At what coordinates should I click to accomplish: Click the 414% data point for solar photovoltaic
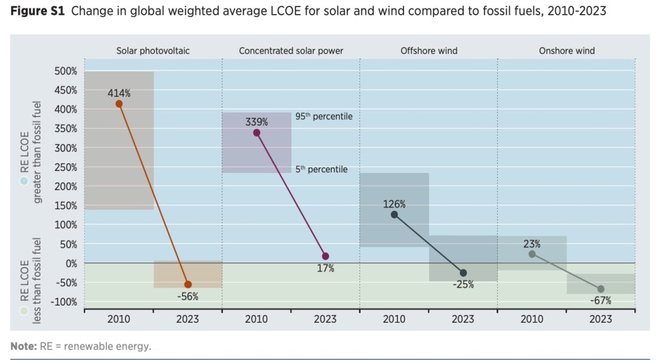tap(119, 103)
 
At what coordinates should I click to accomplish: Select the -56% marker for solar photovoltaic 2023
tap(188, 284)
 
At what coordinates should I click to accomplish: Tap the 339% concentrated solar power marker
tap(257, 133)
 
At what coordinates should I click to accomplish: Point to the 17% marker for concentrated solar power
tap(325, 256)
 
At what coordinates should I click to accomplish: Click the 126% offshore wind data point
tap(395, 215)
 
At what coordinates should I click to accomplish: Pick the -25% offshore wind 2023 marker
tap(463, 273)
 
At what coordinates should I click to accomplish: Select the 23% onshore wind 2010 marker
tap(532, 254)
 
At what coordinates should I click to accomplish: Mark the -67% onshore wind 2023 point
tap(601, 289)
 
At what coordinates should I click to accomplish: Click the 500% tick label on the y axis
tap(65, 71)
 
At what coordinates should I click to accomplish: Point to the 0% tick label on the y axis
tap(70, 263)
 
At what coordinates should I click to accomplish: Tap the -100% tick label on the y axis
tap(63, 302)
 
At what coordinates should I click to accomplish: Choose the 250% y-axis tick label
tap(65, 167)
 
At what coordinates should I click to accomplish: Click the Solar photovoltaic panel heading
tap(153, 51)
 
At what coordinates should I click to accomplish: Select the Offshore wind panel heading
tap(429, 51)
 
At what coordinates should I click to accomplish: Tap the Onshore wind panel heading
tap(566, 51)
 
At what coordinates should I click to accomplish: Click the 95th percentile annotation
tap(324, 117)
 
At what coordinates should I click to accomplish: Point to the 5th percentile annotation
tap(321, 170)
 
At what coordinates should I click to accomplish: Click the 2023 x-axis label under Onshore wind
tap(601, 319)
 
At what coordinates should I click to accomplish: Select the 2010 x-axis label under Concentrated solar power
tap(257, 319)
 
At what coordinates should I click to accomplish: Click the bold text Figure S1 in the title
tap(36, 12)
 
